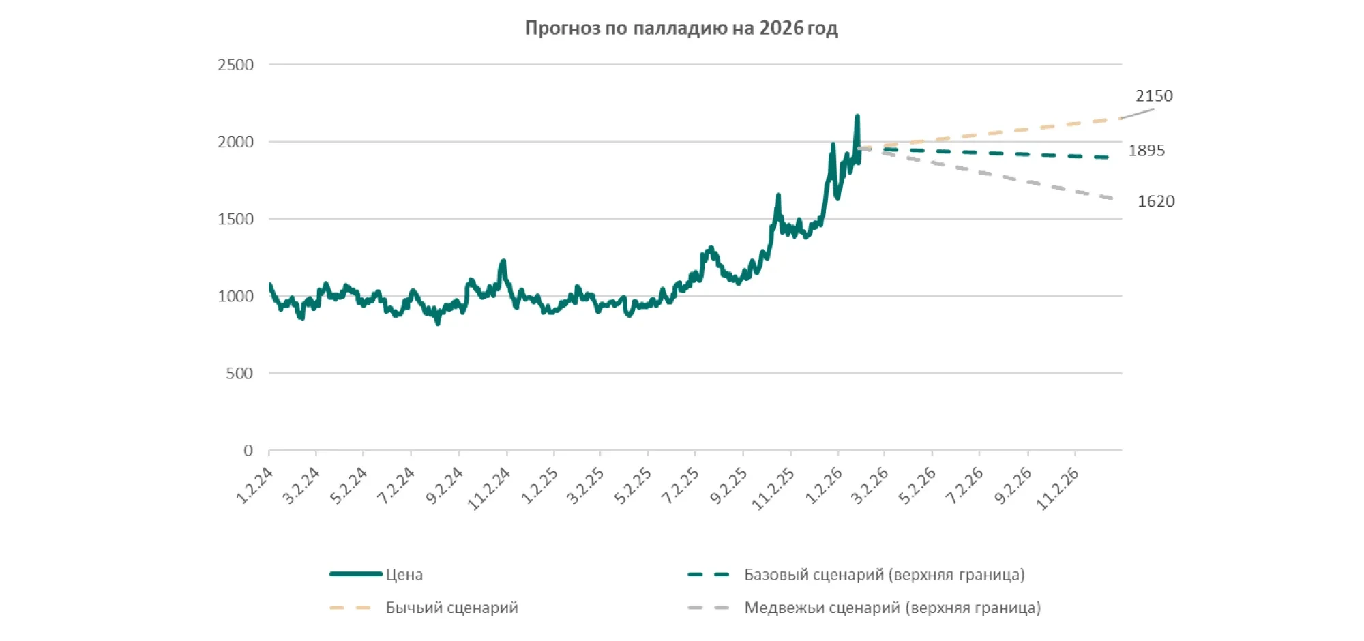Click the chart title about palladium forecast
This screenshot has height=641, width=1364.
(681, 28)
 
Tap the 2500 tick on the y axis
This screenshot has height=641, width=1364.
(235, 65)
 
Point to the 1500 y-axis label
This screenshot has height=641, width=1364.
(235, 219)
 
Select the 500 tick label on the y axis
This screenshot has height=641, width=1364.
(239, 373)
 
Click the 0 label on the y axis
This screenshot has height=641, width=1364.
(248, 450)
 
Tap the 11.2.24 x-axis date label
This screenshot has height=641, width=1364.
(489, 488)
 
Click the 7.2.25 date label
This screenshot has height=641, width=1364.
(681, 486)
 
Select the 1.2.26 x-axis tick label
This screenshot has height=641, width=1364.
(824, 486)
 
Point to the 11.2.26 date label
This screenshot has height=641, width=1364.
(1058, 488)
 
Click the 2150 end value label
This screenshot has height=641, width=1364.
(1154, 96)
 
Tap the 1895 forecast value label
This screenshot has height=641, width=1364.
(1146, 151)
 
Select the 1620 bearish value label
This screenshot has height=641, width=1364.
(1156, 201)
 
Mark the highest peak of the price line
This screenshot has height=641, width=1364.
(857, 117)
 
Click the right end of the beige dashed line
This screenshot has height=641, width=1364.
(1121, 119)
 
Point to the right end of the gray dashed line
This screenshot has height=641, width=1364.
(1112, 198)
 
